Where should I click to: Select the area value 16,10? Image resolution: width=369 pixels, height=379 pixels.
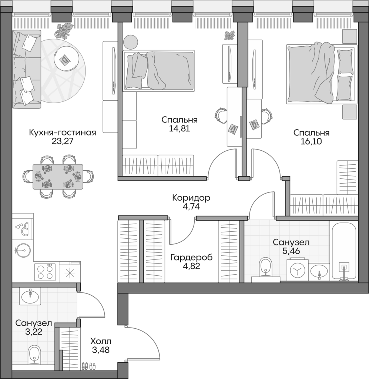[311, 142]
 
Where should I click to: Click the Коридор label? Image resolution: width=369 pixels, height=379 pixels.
[191, 198]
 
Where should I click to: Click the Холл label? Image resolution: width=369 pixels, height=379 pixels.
[101, 341]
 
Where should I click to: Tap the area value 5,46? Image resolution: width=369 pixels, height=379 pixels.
[291, 251]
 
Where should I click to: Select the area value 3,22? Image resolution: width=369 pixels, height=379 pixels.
[34, 332]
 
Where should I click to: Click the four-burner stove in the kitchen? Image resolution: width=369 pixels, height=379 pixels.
[45, 272]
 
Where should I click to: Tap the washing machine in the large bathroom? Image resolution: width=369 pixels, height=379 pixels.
[298, 270]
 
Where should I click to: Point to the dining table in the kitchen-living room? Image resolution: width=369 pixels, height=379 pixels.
[58, 177]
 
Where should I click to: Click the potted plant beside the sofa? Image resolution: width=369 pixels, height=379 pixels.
[64, 30]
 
